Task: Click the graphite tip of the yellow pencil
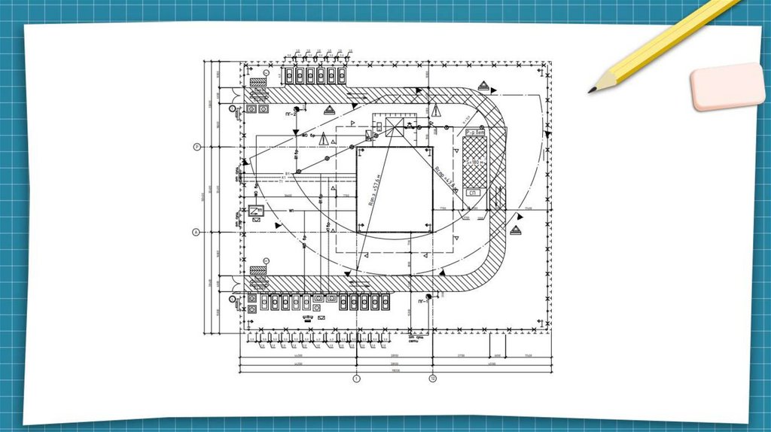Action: click(x=591, y=90)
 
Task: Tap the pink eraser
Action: click(x=727, y=86)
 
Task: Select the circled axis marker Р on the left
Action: click(x=197, y=147)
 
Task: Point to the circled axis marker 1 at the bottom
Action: click(x=357, y=379)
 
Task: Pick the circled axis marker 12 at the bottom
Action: click(x=433, y=379)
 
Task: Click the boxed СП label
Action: click(x=473, y=193)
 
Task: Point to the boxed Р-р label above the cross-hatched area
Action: click(x=474, y=132)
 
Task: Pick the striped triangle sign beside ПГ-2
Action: click(x=329, y=111)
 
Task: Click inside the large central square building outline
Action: click(x=395, y=190)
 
